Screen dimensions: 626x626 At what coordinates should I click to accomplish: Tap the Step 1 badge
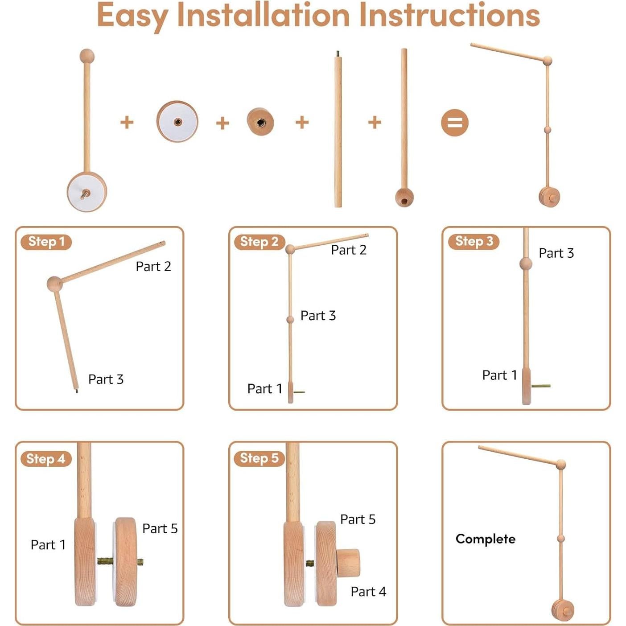(46, 242)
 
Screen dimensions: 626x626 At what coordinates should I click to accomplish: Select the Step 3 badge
(474, 242)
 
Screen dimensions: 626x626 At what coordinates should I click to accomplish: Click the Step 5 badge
(259, 458)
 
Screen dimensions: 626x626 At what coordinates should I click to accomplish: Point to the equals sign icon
(454, 123)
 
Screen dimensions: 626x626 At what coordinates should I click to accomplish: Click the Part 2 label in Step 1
(153, 266)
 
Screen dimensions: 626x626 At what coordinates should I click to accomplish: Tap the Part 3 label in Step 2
(318, 315)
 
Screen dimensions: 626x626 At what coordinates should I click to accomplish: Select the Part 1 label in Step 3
(499, 375)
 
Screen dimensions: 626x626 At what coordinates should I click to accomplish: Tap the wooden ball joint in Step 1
(54, 284)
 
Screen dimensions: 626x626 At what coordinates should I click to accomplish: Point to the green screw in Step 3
(541, 386)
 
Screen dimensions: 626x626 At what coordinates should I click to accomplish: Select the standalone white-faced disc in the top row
(177, 121)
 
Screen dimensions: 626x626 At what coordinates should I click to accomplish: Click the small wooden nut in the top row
(260, 122)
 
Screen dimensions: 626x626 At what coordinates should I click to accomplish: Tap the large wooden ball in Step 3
(526, 264)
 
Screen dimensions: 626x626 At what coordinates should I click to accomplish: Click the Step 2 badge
(259, 242)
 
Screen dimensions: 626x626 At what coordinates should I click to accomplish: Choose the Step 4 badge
(46, 459)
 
